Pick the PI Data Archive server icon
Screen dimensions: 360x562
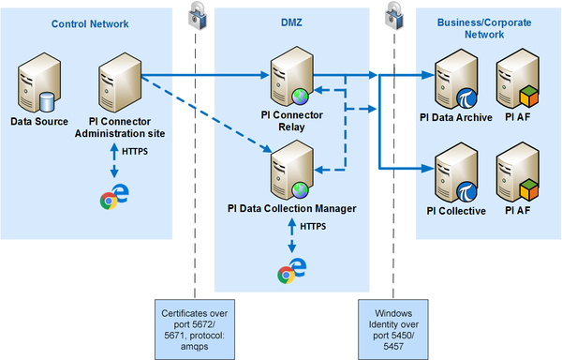[x=456, y=81]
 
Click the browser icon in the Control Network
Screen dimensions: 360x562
[x=114, y=198]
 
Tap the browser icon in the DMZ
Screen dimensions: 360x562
[x=290, y=272]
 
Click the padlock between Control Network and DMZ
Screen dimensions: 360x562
[x=198, y=13]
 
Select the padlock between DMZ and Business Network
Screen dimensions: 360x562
[x=386, y=13]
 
